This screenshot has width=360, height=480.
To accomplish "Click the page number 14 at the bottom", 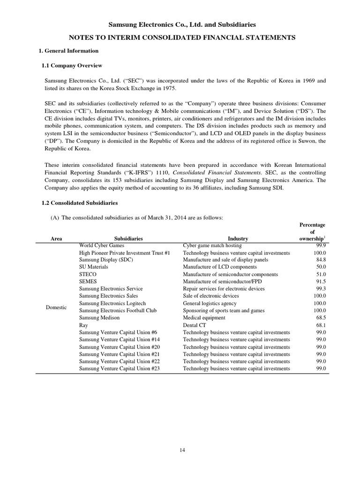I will tap(182, 450).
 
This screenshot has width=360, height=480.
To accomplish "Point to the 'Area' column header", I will tap(56, 239).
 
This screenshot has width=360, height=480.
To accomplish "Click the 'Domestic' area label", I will tap(57, 307).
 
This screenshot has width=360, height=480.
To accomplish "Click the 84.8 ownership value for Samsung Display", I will tap(321, 260).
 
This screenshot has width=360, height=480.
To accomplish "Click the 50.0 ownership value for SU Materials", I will tap(321, 267).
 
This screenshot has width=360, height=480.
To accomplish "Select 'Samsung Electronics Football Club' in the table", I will tap(118, 310).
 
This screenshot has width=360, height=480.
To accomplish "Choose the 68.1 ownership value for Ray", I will tap(321, 325).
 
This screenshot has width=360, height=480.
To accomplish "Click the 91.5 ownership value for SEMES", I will tap(321, 282).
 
